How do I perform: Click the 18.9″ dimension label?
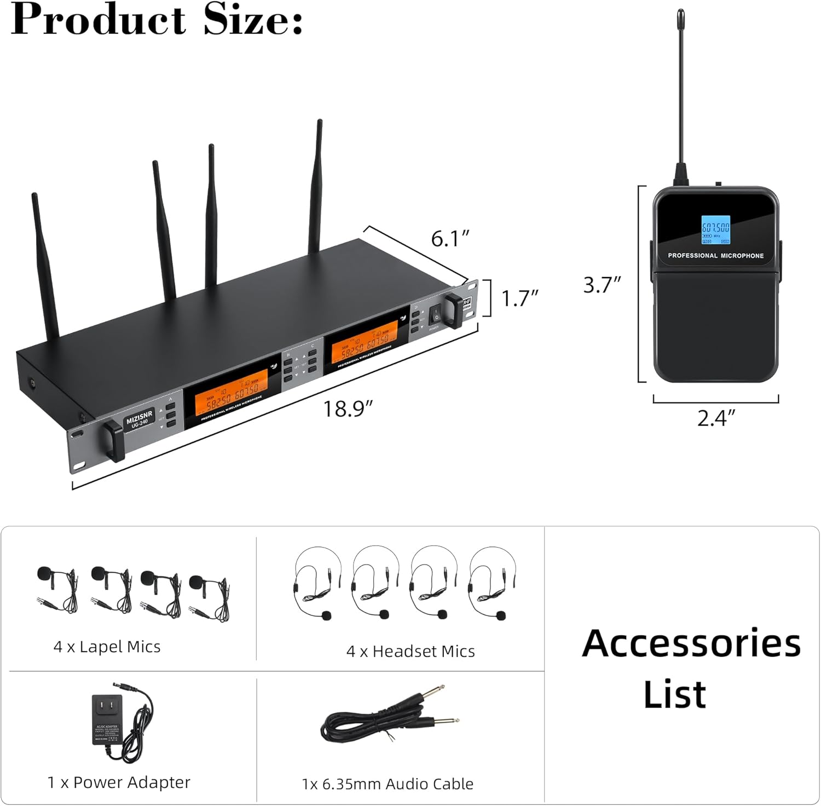pyautogui.click(x=348, y=409)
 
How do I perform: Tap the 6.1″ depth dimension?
pyautogui.click(x=450, y=239)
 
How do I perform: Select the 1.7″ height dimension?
pyautogui.click(x=519, y=298)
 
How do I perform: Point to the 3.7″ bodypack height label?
pyautogui.click(x=602, y=285)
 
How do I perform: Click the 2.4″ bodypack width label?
pyautogui.click(x=715, y=418)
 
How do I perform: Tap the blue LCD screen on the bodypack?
pyautogui.click(x=715, y=229)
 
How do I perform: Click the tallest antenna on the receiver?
pyautogui.click(x=316, y=186)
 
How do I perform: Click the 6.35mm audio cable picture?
pyautogui.click(x=389, y=719)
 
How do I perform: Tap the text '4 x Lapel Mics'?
pyautogui.click(x=107, y=647)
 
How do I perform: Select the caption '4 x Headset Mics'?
pyautogui.click(x=410, y=652)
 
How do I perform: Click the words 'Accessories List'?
pyautogui.click(x=691, y=668)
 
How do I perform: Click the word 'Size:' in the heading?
pyautogui.click(x=253, y=21)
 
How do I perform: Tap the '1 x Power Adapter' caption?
pyautogui.click(x=119, y=782)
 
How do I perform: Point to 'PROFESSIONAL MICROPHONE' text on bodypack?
pyautogui.click(x=715, y=256)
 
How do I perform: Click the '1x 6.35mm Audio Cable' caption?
pyautogui.click(x=388, y=784)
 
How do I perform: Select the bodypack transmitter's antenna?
pyautogui.click(x=680, y=93)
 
